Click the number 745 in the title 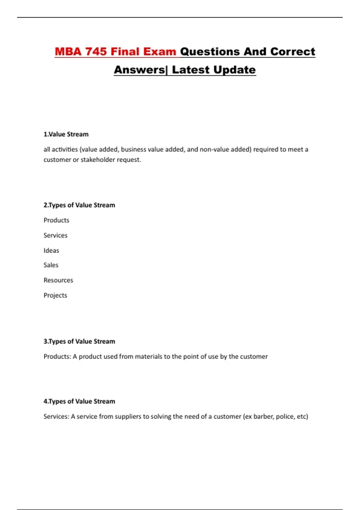point(96,52)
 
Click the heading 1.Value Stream point(66,134)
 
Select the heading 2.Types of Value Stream point(79,205)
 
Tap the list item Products point(56,220)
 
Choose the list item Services point(55,235)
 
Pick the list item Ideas point(51,250)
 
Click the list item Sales point(51,265)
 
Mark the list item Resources point(58,280)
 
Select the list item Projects point(55,295)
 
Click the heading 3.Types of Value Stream point(79,341)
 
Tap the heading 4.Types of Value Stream point(79,401)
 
